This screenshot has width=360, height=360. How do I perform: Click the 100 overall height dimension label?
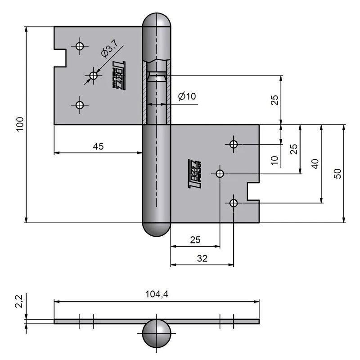coord(19,124)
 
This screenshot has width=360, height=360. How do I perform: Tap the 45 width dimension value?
coord(98,146)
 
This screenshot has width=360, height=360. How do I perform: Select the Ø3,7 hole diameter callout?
coord(109,49)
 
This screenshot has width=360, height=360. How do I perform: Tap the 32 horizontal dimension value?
coord(202,259)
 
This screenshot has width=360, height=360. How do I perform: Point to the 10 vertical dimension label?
coord(275,158)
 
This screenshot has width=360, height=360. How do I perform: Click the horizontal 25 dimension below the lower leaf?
coord(195,240)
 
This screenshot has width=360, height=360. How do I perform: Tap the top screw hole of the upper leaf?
coord(80,46)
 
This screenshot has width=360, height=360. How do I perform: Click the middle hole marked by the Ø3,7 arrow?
coord(93,76)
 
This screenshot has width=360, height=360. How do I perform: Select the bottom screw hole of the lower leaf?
coord(233,203)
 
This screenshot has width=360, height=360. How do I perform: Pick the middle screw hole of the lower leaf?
coord(220,174)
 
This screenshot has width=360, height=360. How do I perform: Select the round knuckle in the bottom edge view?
coord(156,334)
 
